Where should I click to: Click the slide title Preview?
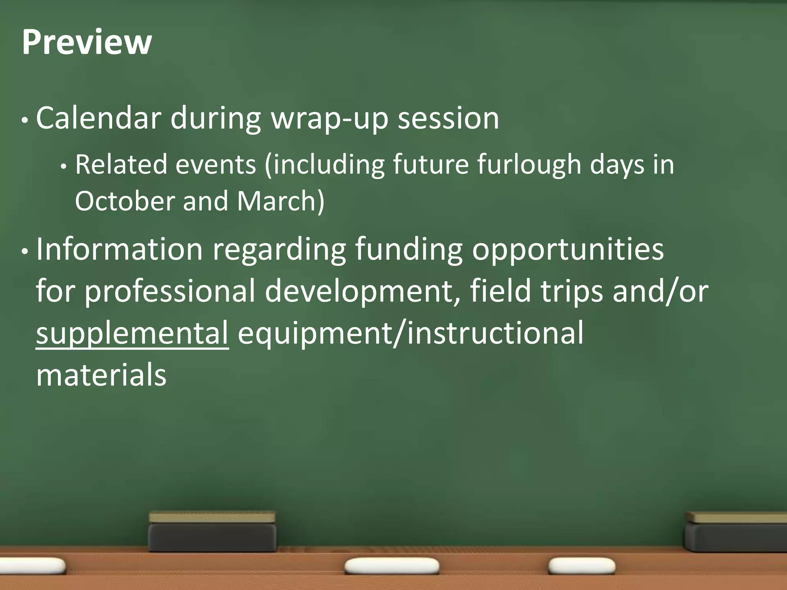tap(87, 42)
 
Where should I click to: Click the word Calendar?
tap(98, 118)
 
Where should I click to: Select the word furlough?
tap(529, 164)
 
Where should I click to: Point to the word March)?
tap(281, 201)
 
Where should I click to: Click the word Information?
tap(120, 249)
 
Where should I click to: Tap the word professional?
tap(169, 291)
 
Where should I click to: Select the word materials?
tap(101, 375)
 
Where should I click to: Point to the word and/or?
tap(660, 291)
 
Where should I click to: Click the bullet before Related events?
tap(64, 167)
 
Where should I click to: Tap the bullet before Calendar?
tap(25, 121)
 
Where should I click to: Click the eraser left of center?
tap(212, 532)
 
